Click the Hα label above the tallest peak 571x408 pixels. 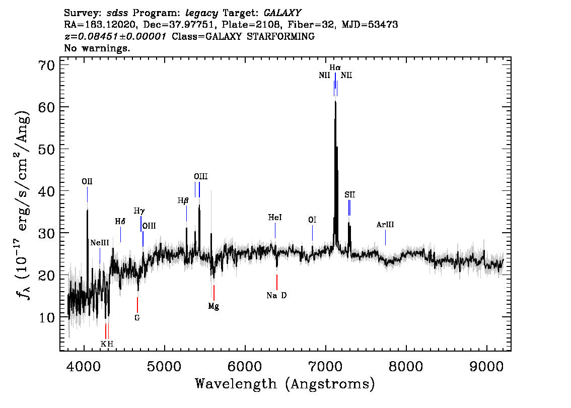coord(335,68)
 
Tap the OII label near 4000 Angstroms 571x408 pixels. coord(87,181)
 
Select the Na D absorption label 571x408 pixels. coord(277,296)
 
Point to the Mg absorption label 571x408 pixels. coord(214,306)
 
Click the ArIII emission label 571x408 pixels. coord(385,225)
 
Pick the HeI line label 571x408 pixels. coord(275,218)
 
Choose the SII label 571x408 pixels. coord(349,195)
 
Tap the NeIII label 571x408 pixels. coord(100,243)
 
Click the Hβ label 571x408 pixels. coord(183,200)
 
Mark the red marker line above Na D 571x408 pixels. coord(277,282)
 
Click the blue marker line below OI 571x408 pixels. coord(313,233)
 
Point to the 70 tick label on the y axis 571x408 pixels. coord(46,65)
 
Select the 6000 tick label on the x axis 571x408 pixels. coord(245,366)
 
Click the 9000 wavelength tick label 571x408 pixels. coord(486,366)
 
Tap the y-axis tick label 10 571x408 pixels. coord(46,317)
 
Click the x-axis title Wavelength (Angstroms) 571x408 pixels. coord(285,384)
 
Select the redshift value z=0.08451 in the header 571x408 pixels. coord(115,36)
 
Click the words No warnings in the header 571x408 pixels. coord(97,48)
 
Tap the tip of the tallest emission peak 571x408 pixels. coord(335,102)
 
